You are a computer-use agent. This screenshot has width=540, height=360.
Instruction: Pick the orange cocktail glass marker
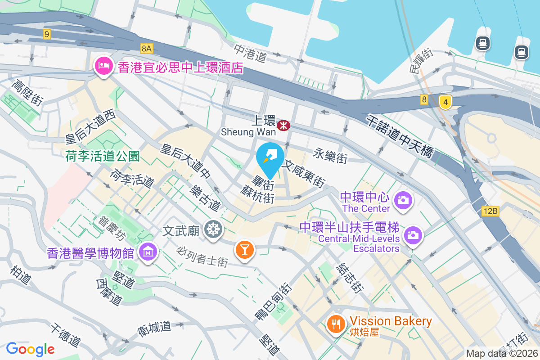pos(245,250)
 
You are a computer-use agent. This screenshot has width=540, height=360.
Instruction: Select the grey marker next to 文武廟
pos(213,230)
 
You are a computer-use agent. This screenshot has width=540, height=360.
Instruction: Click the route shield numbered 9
pos(47,34)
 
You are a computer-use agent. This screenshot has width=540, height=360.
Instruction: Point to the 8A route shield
pos(147,48)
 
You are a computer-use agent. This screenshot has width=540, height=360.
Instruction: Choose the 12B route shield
pos(490,211)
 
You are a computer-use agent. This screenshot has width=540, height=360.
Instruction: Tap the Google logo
pos(30,349)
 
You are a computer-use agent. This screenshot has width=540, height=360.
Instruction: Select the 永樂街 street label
pos(331,157)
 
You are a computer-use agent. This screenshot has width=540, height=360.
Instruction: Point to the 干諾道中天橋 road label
pos(400,136)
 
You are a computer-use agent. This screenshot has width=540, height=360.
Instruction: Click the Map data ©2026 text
pos(501,353)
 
